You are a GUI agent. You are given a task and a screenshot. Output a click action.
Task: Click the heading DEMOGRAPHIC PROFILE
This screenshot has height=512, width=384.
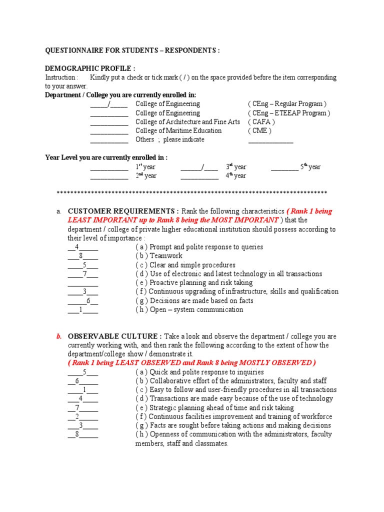pos(90,68)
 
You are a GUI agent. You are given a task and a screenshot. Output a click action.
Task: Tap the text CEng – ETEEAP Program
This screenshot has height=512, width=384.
pos(289,113)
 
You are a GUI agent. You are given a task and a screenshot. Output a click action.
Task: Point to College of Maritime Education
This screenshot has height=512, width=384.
pos(178,131)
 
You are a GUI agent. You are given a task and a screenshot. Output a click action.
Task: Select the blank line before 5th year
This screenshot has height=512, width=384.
pos(284,167)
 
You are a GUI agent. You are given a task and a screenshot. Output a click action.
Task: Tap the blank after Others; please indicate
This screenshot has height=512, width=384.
pos(270,140)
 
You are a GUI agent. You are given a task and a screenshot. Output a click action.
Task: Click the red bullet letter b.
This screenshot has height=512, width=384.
pos(58,336)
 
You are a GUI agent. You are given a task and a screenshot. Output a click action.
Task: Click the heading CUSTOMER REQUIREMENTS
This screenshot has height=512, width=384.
pos(123,211)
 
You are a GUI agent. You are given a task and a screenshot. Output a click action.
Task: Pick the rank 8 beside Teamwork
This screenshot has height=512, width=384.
pos(80,256)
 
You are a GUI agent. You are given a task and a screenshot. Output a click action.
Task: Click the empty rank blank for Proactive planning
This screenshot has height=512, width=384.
pos(82,283)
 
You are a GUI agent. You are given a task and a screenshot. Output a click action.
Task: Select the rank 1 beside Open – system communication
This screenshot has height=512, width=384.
pos(80,310)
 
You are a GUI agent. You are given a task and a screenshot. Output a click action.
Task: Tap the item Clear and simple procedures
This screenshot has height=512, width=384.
pos(185,265)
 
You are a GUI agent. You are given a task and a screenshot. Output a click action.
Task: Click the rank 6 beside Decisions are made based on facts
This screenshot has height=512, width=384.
pos(88,301)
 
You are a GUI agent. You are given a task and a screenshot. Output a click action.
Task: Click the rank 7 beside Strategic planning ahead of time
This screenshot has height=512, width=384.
pos(77,408)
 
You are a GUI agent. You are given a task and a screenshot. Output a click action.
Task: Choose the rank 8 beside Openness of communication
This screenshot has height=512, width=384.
pos(77,434)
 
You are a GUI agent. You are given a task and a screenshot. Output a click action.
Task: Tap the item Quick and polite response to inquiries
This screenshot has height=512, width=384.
pos(199,372)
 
